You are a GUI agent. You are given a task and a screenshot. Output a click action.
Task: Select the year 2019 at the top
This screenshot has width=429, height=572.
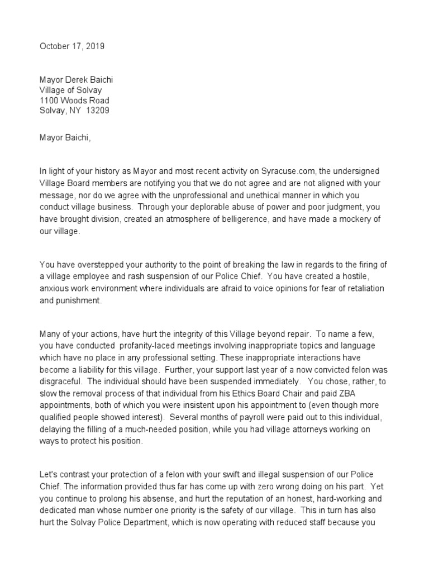click(x=94, y=47)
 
